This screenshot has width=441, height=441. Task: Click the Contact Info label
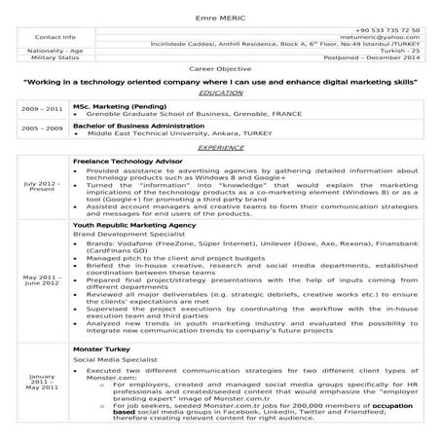pos(55,37)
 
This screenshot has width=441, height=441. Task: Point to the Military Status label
pos(55,60)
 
